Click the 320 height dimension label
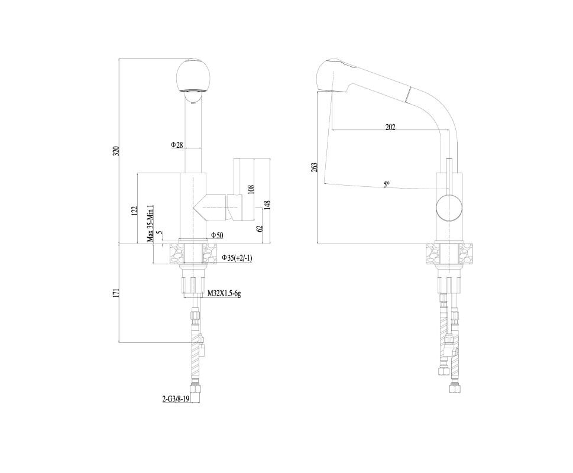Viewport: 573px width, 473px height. (116, 151)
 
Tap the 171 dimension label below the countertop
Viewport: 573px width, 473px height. (116, 293)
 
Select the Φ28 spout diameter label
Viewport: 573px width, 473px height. (177, 145)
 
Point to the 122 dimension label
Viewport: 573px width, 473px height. (134, 210)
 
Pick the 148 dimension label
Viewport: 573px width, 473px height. (267, 206)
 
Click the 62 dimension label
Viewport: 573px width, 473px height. (260, 229)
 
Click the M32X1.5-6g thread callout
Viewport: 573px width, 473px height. (224, 293)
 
